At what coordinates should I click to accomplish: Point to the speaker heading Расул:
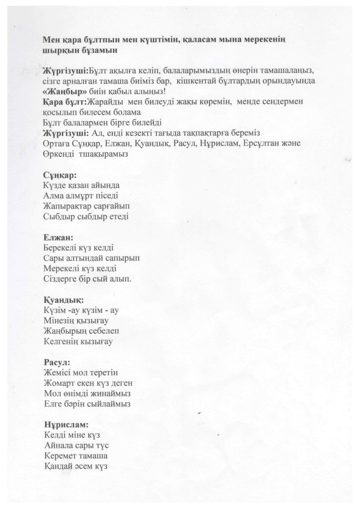pos(57,362)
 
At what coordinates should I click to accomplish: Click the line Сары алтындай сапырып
pos(92,258)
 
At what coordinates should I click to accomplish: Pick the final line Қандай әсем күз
pos(76,466)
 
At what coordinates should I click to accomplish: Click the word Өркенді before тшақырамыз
pos(61,154)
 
